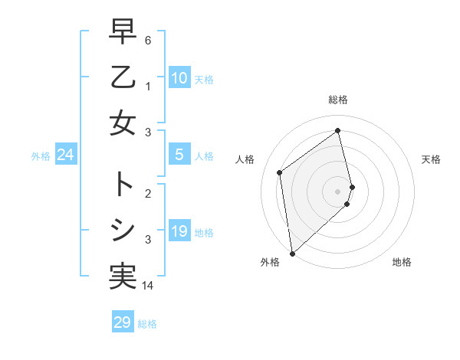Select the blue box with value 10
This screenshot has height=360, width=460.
coord(179,78)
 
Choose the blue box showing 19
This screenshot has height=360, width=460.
coord(179,231)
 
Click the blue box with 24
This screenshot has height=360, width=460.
coord(65,155)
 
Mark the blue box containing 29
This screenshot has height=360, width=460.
coord(122,322)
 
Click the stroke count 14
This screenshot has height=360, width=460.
coord(149,286)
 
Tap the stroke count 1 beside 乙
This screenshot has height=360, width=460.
coord(147,87)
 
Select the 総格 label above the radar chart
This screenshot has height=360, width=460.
coord(337,100)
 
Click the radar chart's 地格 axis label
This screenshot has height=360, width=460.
coord(402,262)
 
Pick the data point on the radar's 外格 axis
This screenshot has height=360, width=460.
coord(292,252)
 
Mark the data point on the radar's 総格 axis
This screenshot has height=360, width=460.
coord(337,131)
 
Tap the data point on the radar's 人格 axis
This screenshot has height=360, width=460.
coord(280,172)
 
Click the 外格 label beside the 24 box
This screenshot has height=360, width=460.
coord(41,156)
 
